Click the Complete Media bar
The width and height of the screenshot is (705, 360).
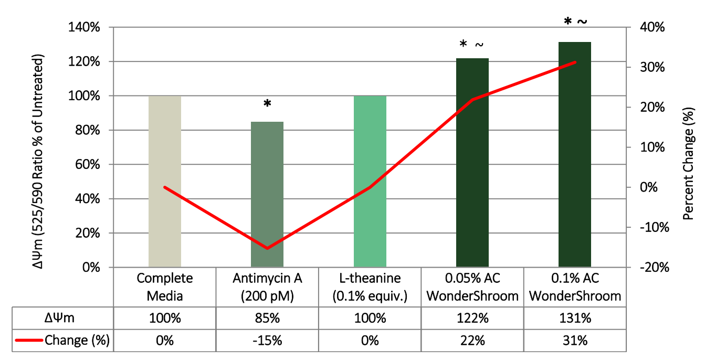165,182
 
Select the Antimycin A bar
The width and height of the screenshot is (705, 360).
267,195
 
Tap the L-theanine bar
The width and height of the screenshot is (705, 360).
370,182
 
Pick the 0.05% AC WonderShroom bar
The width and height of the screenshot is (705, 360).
472,163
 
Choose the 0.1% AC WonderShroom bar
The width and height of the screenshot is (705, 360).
575,155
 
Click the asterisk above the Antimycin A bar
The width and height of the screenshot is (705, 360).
267,104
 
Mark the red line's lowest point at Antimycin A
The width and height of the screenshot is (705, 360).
267,248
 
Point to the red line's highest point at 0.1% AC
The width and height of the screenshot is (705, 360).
575,62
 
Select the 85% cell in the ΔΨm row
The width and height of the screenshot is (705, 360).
267,318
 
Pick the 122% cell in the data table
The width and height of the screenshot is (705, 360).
472,318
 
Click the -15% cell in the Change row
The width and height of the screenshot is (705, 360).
267,341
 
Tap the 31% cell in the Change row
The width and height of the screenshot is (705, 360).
575,341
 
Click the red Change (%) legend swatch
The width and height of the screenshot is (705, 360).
29,341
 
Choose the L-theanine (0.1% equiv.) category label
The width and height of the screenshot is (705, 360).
370,287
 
